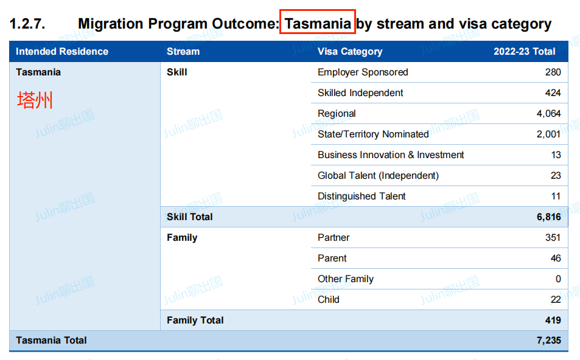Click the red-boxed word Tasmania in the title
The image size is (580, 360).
point(317,24)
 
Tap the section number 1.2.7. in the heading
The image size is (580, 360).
point(27,24)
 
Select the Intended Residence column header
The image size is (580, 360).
point(62,51)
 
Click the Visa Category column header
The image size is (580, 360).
point(350,51)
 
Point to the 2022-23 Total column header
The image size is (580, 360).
point(524,51)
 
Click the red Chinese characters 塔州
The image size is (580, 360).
point(35,100)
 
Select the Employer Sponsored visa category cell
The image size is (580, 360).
point(363,72)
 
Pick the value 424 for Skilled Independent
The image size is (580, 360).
point(553,93)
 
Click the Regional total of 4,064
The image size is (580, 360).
point(548,114)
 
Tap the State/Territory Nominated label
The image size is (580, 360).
point(373,134)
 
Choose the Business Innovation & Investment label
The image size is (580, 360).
point(391,155)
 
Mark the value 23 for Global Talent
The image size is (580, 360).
point(556,176)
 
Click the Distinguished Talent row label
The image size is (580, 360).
point(362,196)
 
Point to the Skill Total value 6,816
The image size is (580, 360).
point(549,217)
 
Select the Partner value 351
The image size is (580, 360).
point(553,238)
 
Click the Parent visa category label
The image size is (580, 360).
point(332,258)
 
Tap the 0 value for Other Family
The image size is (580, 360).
point(558,279)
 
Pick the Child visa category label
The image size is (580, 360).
point(329,299)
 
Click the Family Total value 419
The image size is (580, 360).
point(553,320)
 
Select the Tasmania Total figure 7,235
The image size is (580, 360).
point(549,341)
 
